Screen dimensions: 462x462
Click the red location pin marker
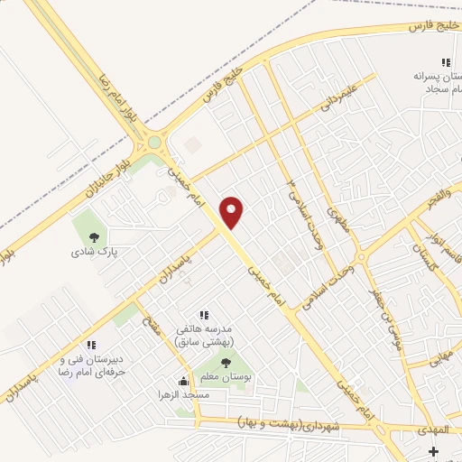(x=233, y=211)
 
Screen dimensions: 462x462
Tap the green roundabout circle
(x=154, y=141)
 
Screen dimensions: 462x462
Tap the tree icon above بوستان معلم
(x=225, y=364)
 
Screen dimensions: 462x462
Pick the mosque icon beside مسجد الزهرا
(x=184, y=381)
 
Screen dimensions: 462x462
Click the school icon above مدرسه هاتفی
(x=205, y=314)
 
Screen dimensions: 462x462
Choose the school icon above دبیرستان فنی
(x=90, y=345)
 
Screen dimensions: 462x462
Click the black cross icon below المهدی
(x=434, y=451)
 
